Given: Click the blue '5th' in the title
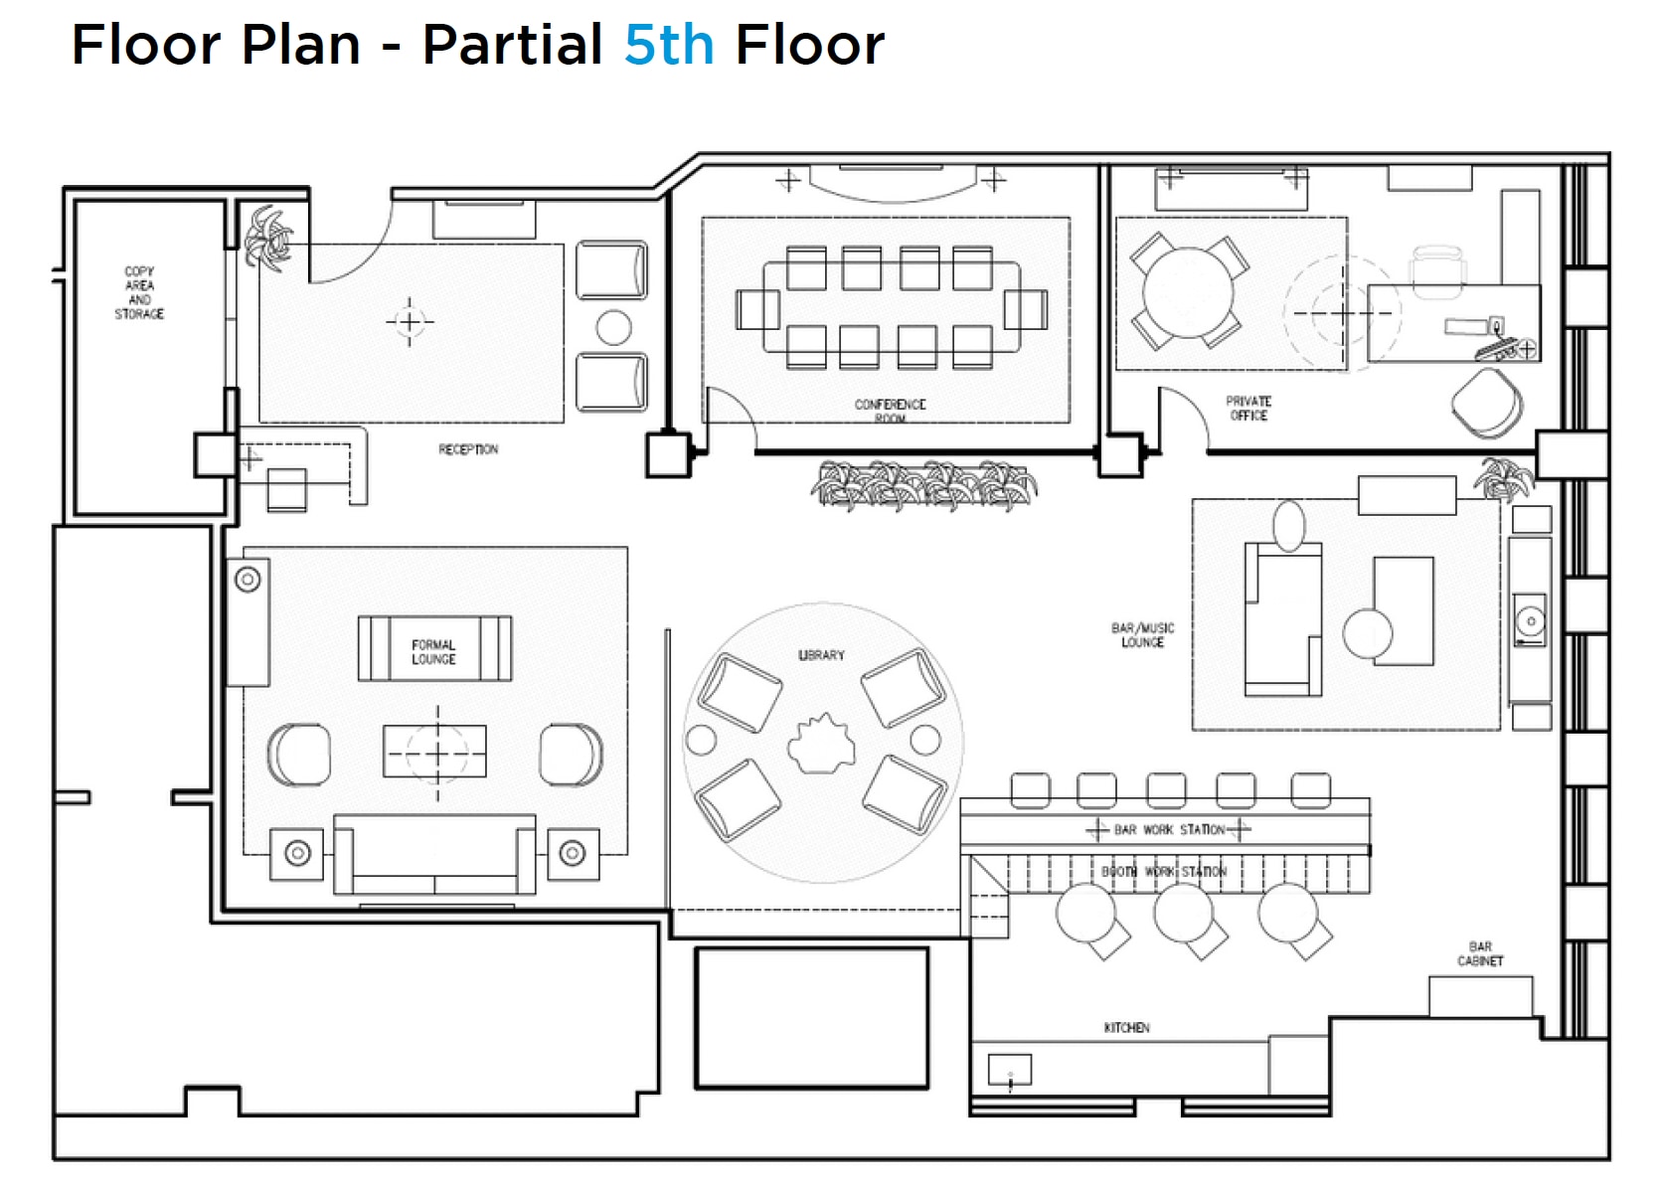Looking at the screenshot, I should click(668, 46).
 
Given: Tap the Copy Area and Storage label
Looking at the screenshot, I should click(139, 292).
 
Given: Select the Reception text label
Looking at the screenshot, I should click(468, 449).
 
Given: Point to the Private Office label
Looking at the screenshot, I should click(1248, 409).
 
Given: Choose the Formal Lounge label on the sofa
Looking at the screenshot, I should click(433, 652).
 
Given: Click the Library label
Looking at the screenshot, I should click(821, 655).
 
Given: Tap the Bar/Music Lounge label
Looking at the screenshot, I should click(1142, 635).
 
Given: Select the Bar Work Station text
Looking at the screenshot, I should click(1169, 829).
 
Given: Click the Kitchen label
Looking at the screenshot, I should click(1126, 1027).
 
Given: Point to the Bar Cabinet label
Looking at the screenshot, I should click(1480, 954).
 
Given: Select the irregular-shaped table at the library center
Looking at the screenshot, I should click(821, 744).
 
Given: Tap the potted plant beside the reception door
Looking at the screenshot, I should click(268, 237).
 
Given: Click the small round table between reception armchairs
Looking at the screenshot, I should click(613, 327).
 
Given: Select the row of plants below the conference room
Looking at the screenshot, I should click(924, 484).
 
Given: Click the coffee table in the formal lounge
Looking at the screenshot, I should click(435, 752).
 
